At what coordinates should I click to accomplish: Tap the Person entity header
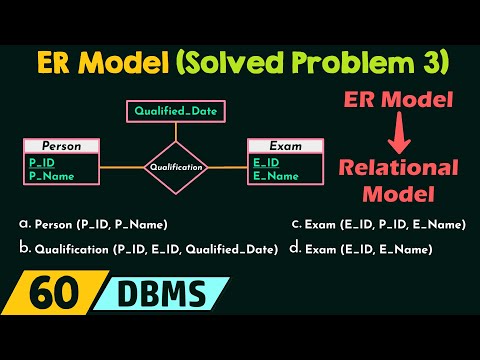tap(63, 146)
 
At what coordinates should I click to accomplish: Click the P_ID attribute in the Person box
tap(42, 163)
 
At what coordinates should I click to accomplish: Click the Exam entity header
tap(286, 146)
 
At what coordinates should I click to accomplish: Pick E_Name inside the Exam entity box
tap(276, 177)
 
